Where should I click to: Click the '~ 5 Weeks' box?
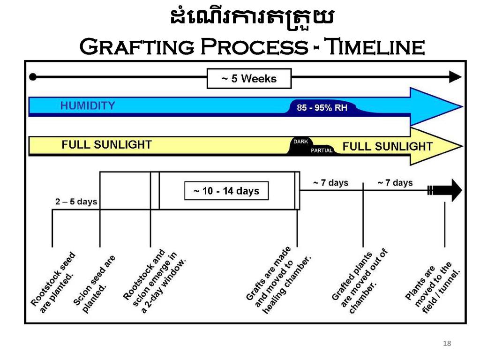coord(249,79)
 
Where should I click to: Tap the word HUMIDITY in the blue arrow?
coord(88,105)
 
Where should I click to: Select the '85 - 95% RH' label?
coord(322,108)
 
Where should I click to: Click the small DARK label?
coord(300,142)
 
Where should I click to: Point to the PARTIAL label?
coord(322,150)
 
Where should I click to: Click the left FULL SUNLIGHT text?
coord(106,144)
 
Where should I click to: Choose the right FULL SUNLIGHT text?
coord(387,146)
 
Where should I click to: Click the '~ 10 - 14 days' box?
coord(226,191)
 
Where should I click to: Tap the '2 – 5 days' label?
coord(76,202)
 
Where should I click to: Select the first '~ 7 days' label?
coord(330,183)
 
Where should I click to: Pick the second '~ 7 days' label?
coord(395,183)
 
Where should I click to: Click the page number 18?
coord(447,344)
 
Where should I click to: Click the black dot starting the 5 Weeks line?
coord(33,77)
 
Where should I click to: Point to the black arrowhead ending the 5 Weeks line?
coord(455,77)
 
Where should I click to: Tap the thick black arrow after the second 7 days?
coord(445,190)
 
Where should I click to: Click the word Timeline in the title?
coord(375,46)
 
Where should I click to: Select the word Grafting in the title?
coord(137,46)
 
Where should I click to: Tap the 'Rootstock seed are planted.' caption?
coord(52,283)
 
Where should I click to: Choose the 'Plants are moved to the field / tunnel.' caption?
coord(433,287)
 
